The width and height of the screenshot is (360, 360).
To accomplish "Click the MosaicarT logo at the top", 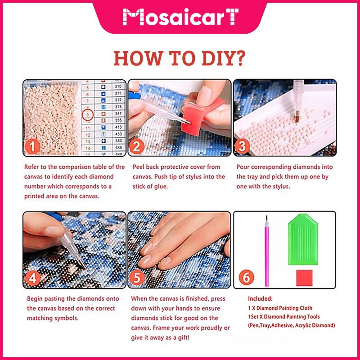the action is point(180,17).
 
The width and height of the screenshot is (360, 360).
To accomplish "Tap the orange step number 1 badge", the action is point(32,147).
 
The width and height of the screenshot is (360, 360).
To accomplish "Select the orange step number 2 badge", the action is point(137,147).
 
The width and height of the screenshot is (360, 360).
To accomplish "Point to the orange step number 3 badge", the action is point(242,146).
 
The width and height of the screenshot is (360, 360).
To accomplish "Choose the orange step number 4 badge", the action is point(32,279).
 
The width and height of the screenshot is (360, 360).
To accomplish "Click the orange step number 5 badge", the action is point(137,278).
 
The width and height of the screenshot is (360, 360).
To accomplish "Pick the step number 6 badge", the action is point(246,277).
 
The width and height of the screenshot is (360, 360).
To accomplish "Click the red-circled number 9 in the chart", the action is point(88,115).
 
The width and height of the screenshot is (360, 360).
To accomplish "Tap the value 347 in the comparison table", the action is point(118,113).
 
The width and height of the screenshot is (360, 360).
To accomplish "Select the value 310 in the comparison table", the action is point(118,86).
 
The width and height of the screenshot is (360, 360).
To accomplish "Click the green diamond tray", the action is point(303,239).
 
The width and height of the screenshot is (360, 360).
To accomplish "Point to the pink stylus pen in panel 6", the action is point(267,251).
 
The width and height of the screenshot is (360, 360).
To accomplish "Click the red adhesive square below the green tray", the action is point(304,278).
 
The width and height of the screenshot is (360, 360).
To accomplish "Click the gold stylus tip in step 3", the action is point(297,117).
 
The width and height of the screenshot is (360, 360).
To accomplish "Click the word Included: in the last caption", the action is point(260,299).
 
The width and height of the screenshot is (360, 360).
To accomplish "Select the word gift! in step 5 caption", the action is point(184,337).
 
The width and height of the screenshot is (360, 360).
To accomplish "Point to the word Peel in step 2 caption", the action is point(139,167).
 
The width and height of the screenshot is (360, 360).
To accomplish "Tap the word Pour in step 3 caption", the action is point(243,167).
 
